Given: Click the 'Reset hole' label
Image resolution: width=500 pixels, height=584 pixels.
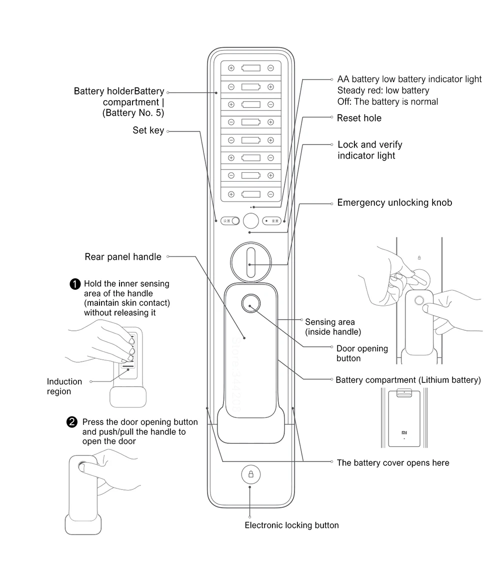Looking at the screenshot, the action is click(x=358, y=118).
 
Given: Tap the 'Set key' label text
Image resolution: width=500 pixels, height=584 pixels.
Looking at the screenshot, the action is click(x=148, y=131).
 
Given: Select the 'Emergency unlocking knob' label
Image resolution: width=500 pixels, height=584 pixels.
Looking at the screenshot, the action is click(x=394, y=203).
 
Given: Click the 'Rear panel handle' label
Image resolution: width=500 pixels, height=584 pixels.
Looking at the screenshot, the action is click(x=123, y=257).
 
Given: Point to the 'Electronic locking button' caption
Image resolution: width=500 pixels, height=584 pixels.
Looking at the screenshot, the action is click(x=291, y=525).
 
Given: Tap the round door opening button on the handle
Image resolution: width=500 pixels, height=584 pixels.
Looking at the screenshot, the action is click(x=251, y=303).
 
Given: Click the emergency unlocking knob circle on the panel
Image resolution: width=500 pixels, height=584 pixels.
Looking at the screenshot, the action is click(x=251, y=260).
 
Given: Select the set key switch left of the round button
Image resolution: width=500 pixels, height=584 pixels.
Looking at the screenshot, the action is click(x=230, y=221).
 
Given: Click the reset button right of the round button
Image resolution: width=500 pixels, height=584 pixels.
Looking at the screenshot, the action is click(x=272, y=221).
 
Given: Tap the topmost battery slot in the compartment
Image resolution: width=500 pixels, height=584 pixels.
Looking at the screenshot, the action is click(x=251, y=68).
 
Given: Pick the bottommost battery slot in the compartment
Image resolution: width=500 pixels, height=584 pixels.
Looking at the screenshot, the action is click(x=251, y=194).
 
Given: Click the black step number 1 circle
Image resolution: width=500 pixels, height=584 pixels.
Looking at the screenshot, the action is click(x=74, y=284).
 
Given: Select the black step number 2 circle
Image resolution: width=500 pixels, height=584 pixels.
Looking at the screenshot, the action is click(x=72, y=422).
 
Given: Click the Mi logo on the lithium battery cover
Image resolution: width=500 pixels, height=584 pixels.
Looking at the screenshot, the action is click(x=404, y=432).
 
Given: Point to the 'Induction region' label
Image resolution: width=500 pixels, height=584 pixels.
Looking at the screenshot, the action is click(x=64, y=386).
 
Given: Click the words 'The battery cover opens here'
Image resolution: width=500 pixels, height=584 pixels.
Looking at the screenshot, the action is click(x=393, y=463).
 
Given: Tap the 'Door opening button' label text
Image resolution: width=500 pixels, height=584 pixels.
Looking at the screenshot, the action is click(x=362, y=353).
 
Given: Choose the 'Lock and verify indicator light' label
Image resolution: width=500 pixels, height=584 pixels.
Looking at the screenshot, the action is click(x=369, y=150).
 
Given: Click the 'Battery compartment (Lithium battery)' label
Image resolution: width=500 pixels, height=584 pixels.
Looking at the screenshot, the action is click(x=408, y=380).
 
